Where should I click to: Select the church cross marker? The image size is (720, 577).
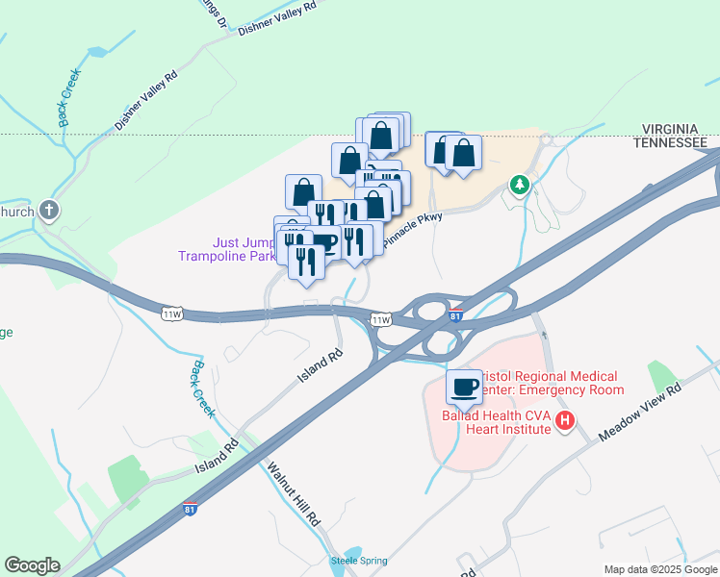click(x=49, y=211)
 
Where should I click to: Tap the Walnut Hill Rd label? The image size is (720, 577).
click(x=293, y=496)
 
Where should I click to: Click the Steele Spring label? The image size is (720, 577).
click(x=358, y=561)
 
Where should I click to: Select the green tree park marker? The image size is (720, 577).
click(x=520, y=183)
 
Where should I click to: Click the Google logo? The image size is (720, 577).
click(x=32, y=565)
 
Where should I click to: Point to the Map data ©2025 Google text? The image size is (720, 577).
click(x=659, y=569)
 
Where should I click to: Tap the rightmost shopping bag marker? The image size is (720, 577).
click(x=463, y=153)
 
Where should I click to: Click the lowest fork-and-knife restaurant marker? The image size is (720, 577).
click(x=307, y=261)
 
